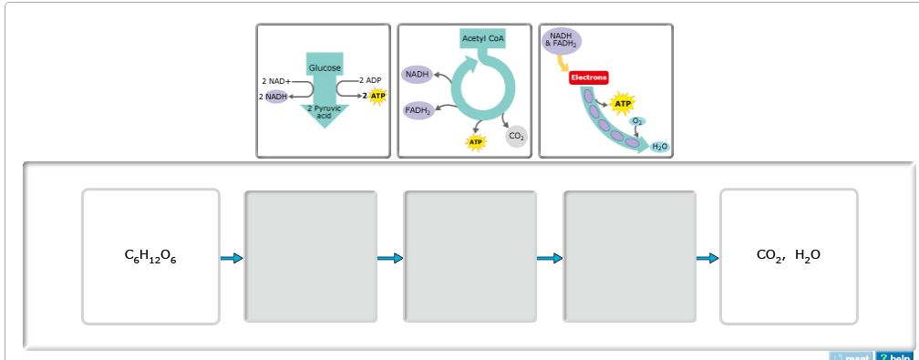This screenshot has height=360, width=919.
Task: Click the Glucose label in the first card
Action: coord(325,68)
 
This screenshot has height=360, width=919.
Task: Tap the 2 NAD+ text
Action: coord(276,81)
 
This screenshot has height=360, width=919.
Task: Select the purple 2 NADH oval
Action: coord(274,97)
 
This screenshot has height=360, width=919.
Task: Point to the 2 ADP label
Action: coord(369,80)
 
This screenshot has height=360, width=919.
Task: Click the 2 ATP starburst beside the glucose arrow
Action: coord(376,96)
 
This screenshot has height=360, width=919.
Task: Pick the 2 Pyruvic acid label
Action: coord(324,112)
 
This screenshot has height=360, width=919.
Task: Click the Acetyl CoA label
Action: coord(482,38)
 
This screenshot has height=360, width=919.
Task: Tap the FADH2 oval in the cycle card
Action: coord(418,110)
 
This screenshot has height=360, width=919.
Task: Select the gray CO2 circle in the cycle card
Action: coord(516,136)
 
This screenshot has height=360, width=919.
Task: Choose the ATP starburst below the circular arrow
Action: coord(475,142)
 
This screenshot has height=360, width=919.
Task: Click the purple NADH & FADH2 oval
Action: coord(561,40)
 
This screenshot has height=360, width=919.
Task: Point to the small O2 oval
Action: coord(638,121)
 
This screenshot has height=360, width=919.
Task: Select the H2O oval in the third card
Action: coord(660,146)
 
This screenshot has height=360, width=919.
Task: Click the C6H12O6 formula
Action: coord(150,257)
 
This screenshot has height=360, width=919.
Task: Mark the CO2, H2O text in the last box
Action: coord(789,256)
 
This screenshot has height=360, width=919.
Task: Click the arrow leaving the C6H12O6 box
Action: coord(232,259)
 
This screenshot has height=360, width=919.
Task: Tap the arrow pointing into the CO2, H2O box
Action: coord(707,259)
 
